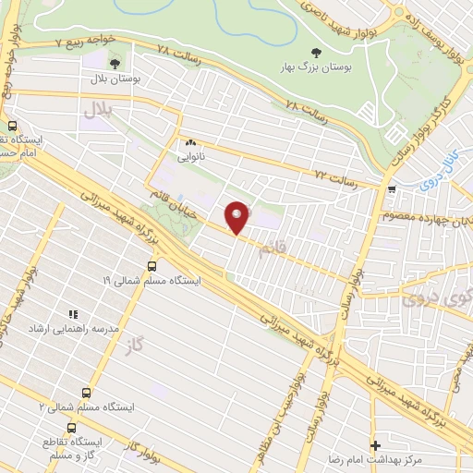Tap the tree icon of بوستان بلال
point(115,64)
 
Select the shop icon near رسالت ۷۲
point(393,190)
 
